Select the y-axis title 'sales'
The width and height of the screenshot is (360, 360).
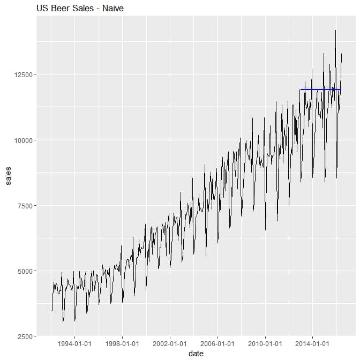7,176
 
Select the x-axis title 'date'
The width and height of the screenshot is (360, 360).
196,354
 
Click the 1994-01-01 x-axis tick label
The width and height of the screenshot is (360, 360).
74,343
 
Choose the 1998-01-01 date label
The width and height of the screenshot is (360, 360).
122,343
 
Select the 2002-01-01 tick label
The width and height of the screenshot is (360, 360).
170,343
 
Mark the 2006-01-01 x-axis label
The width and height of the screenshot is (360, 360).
217,343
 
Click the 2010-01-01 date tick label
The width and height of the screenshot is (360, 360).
265,343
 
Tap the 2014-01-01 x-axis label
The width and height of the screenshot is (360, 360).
312,343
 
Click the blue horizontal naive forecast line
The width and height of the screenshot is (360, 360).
320,89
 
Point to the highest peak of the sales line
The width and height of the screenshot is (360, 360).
335,31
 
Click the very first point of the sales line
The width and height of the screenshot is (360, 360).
51,311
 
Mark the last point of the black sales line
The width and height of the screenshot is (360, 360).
341,54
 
